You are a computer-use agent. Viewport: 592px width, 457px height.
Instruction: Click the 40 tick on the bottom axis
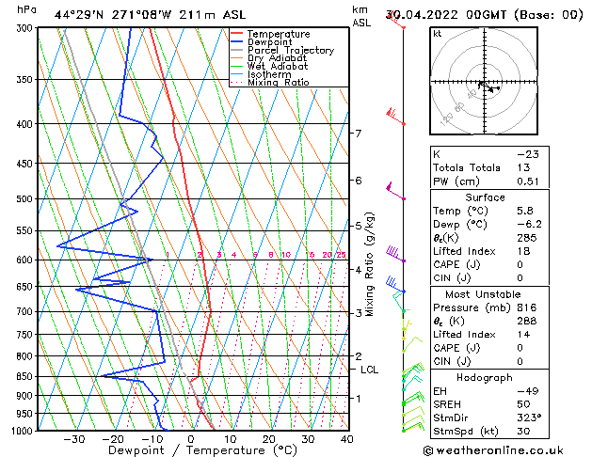coord(347,439)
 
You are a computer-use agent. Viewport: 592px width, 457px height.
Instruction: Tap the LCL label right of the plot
coord(370,370)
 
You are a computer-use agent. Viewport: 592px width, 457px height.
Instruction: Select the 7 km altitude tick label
coord(358,134)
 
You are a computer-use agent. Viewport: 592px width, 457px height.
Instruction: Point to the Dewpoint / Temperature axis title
coord(190,450)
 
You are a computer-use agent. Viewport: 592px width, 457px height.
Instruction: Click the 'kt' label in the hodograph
coord(437,34)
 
